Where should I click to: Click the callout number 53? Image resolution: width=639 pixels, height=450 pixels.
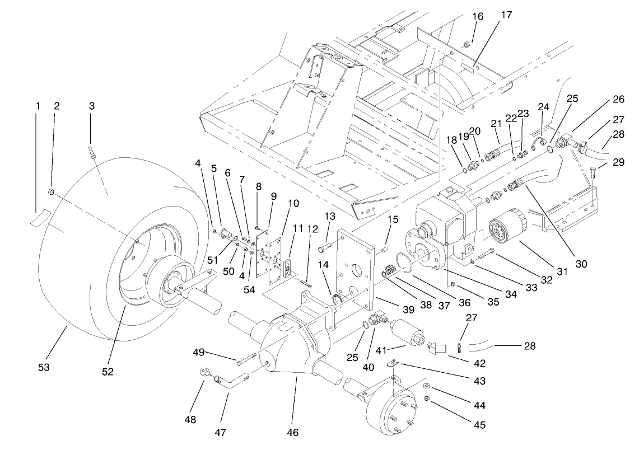tap(44, 367)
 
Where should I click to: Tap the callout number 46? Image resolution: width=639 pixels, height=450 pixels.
tap(293, 432)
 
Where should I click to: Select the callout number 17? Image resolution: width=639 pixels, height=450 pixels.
tap(506, 15)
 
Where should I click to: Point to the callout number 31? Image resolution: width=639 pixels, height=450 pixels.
tap(562, 271)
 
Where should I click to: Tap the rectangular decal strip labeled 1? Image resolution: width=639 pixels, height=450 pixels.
tap(40, 216)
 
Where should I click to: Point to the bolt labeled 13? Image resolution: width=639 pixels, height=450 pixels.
tap(328, 244)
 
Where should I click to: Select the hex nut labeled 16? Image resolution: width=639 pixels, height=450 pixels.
tap(467, 43)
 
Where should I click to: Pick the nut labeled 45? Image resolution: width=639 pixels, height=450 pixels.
tap(426, 399)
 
